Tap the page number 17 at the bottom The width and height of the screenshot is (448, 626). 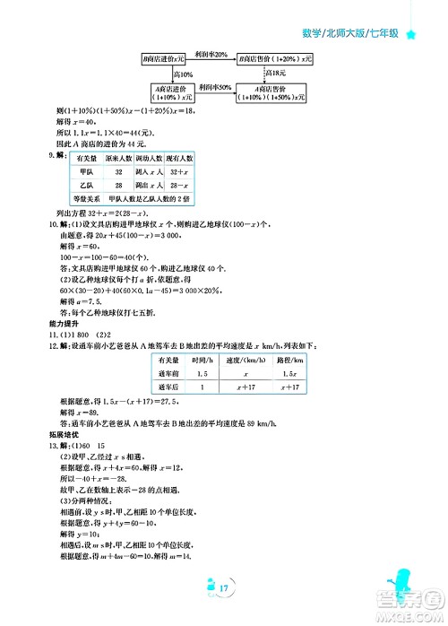[223, 587]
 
